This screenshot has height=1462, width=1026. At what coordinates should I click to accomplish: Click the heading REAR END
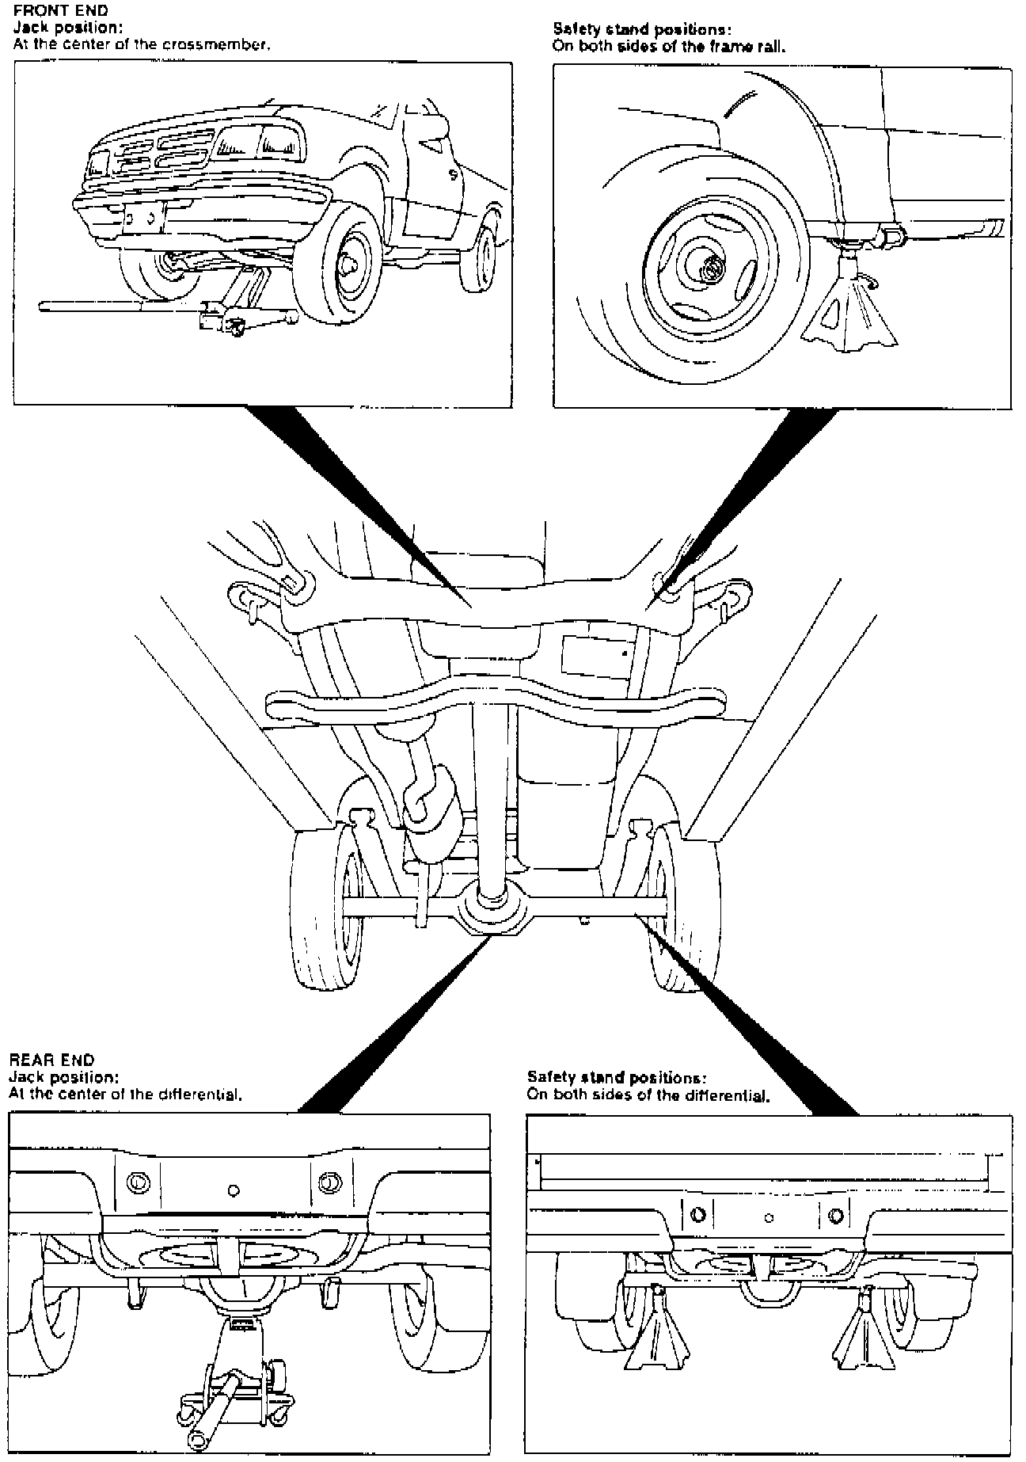click(51, 1059)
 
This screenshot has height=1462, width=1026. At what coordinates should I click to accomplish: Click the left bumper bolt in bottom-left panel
click(138, 1183)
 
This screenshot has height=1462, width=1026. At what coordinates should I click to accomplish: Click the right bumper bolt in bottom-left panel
click(327, 1183)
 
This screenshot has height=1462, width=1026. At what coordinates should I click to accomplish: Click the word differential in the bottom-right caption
click(728, 1097)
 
